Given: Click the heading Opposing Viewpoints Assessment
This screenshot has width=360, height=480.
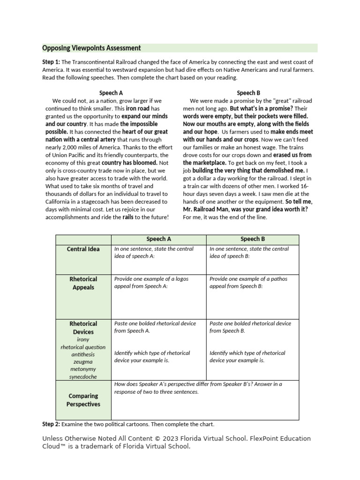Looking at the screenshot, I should (x=91, y=48).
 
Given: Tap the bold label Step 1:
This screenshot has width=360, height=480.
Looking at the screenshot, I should (x=51, y=62).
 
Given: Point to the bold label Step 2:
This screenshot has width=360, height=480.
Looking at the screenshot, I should (x=51, y=424).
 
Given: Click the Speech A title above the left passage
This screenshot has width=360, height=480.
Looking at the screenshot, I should (x=111, y=93).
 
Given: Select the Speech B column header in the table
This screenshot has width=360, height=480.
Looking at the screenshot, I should (x=252, y=239).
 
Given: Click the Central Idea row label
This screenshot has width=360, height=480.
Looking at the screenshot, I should (x=83, y=249).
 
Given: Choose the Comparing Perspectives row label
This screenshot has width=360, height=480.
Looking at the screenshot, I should (x=83, y=400).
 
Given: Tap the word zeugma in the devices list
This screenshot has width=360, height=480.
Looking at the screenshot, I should (x=83, y=362).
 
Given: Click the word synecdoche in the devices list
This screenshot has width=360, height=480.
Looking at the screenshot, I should (x=83, y=376).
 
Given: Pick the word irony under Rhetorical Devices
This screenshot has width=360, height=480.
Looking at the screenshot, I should (x=83, y=339).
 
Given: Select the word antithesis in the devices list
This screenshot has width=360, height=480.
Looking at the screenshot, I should (x=83, y=354).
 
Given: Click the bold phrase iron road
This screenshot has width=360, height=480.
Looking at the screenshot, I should (x=138, y=108).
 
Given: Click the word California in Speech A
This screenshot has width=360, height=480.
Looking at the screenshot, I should (x=60, y=202).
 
